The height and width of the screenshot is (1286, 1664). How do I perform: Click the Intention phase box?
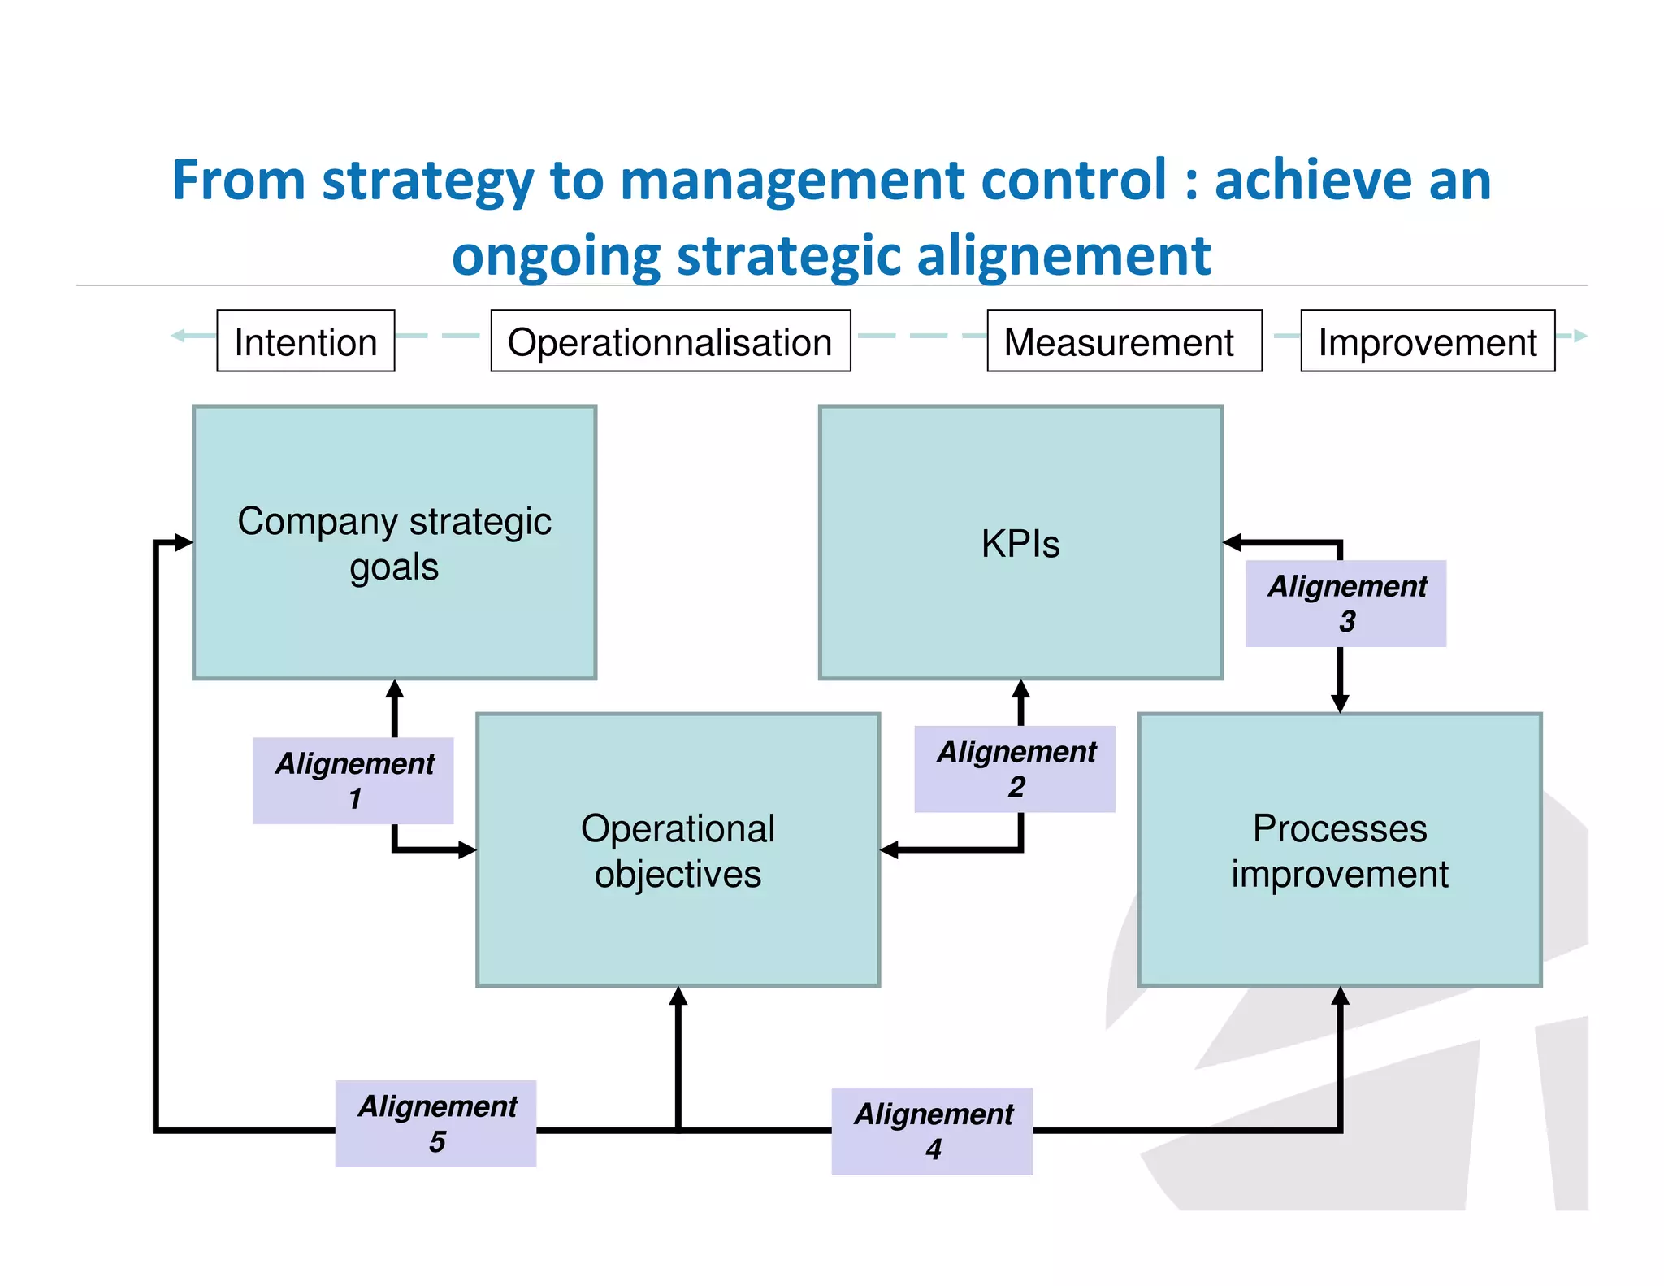point(305,341)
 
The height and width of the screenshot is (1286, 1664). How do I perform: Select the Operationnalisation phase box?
point(670,341)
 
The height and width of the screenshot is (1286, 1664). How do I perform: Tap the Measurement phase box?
point(1124,341)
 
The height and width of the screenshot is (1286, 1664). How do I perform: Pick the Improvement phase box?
point(1427,341)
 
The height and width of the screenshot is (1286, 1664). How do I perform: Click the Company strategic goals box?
point(394,542)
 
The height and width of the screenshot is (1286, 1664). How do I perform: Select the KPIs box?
point(1020,542)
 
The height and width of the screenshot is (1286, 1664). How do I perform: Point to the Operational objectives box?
point(678,849)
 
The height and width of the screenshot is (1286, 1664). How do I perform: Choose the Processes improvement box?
point(1339,849)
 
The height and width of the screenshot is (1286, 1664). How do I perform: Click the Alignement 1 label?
point(353,780)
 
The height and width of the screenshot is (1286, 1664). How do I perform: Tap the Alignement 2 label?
point(1015,769)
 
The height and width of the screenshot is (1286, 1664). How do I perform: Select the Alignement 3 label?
point(1345,603)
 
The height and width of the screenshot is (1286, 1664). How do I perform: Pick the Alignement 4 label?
point(932,1131)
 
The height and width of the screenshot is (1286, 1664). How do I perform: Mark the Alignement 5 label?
point(436,1123)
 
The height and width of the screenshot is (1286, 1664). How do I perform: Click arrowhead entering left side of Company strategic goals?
point(184,542)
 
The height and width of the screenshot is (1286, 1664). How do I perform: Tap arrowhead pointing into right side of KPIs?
point(1232,542)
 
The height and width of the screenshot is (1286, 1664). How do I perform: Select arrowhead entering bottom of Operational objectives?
point(678,996)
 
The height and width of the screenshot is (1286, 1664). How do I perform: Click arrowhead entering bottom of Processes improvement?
point(1340,996)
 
